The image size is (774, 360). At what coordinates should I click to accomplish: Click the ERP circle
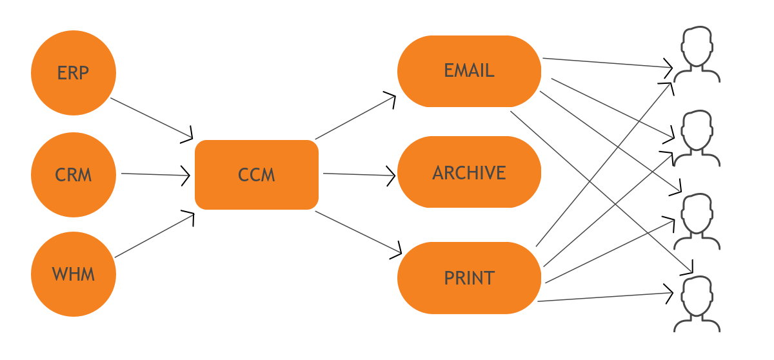pos(73,72)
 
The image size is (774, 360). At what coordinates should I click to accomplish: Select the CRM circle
pos(73,174)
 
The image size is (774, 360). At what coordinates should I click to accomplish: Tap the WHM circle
pos(73,274)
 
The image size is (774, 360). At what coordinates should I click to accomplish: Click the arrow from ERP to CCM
pos(152,118)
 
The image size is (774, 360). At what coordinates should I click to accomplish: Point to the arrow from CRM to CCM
pos(155,174)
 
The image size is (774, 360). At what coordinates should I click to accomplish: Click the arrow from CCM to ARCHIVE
pos(359,174)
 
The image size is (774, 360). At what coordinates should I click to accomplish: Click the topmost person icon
pos(697,54)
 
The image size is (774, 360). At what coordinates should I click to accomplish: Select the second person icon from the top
pos(697,138)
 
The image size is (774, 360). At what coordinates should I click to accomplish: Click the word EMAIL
pos(469,70)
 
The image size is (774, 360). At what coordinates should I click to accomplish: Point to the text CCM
pos(257,175)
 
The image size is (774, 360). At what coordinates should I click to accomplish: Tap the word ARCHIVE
pos(469,173)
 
